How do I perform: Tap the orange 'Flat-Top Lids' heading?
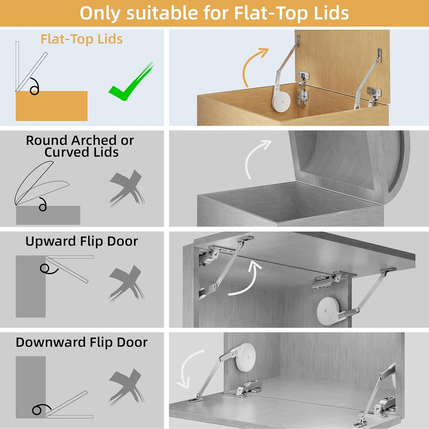(81, 39)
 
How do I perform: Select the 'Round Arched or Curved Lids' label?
(80, 146)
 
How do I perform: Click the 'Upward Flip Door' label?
(81, 242)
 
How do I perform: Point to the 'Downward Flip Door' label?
(82, 342)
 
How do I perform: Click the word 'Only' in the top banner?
(100, 13)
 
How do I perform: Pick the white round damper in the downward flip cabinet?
(245, 357)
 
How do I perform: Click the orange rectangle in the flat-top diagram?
(52, 106)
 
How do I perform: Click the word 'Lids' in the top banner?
(327, 13)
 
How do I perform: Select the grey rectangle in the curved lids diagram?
(48, 215)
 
